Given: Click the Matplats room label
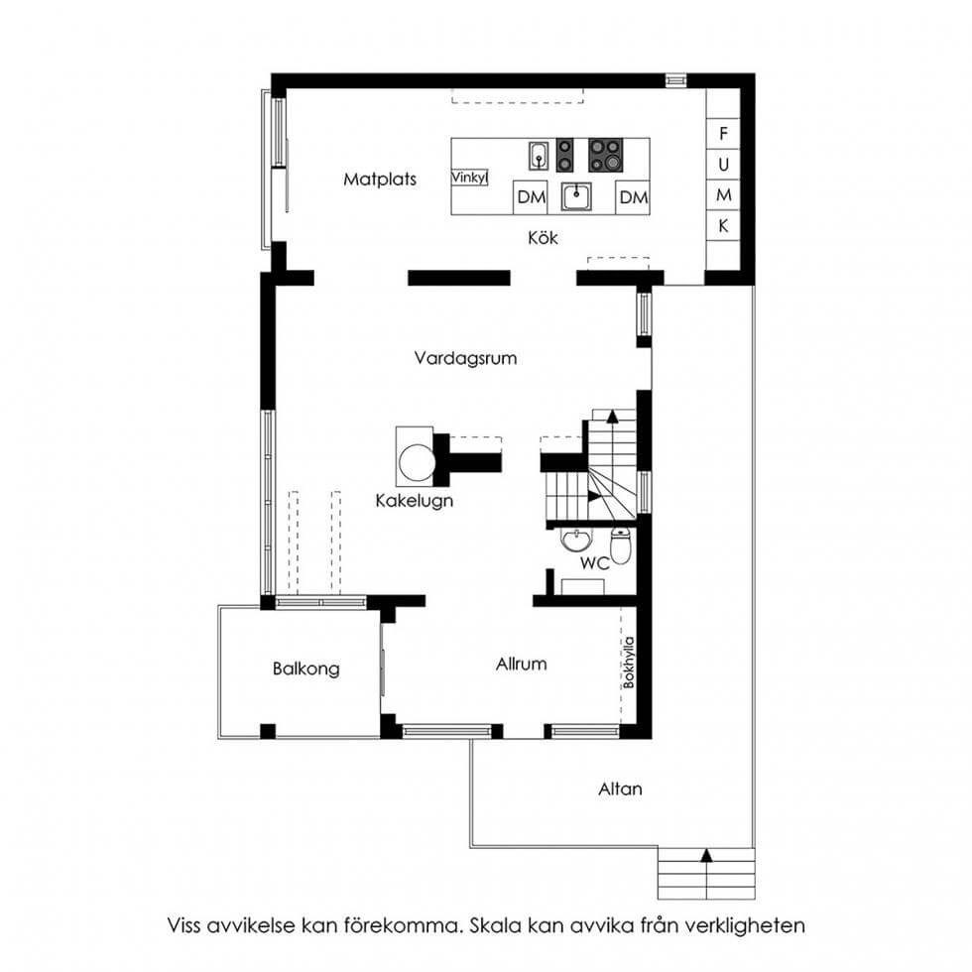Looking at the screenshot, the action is coord(379,180).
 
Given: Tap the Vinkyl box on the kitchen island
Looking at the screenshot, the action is coord(469,178).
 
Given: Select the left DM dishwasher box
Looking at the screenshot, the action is coord(531,197).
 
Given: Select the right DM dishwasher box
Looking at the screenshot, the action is coord(633,197).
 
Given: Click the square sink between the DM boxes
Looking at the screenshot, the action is coord(576,197).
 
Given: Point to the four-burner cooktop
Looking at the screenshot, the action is coord(606,155).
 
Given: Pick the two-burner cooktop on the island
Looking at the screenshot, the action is coord(564,155).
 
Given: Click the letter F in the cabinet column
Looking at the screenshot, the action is coord(723,133).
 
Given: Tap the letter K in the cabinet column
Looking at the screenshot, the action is coord(723,226).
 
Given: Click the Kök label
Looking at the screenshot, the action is coord(543,237).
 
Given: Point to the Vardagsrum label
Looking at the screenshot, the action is coord(465,358).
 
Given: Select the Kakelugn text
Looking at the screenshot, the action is coord(415,501).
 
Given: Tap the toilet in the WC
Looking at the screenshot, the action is coord(621,545).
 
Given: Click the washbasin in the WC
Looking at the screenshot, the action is coord(576,540).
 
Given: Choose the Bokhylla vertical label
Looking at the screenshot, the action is coord(629,663).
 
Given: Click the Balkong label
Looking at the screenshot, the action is coord(306,668).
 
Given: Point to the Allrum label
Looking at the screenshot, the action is coord(522,665).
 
